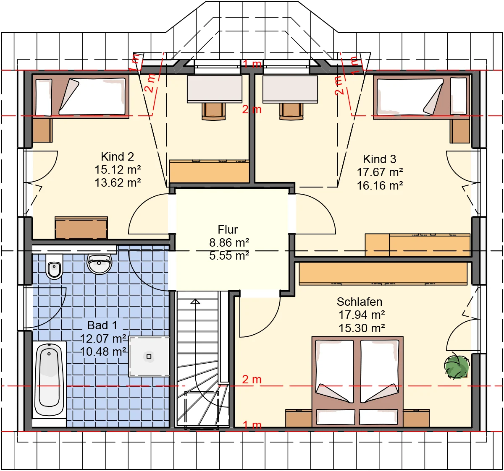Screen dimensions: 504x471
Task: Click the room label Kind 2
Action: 118,157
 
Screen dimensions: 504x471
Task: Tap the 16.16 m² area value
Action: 380,185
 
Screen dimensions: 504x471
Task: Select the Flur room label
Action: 228,230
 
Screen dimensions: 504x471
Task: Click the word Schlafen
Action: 360,302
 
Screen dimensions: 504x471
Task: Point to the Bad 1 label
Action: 102,325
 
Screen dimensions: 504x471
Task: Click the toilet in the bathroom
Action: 54,267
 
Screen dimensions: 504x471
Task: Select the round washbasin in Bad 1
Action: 100,264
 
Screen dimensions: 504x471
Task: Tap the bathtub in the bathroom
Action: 49,380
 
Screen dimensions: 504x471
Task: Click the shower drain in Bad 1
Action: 149,357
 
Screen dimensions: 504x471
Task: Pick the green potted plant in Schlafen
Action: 457,367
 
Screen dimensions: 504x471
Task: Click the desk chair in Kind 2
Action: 214,111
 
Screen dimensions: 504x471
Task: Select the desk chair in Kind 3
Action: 291,111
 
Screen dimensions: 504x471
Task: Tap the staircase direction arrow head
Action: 195,302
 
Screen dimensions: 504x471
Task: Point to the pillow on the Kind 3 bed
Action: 458,96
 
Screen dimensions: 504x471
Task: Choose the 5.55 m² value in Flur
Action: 229,255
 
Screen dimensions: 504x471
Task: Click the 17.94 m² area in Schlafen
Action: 362,315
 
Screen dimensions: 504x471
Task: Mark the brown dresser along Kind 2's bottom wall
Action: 81,228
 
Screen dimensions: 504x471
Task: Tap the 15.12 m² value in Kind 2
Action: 118,169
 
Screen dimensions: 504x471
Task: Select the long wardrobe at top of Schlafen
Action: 383,273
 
